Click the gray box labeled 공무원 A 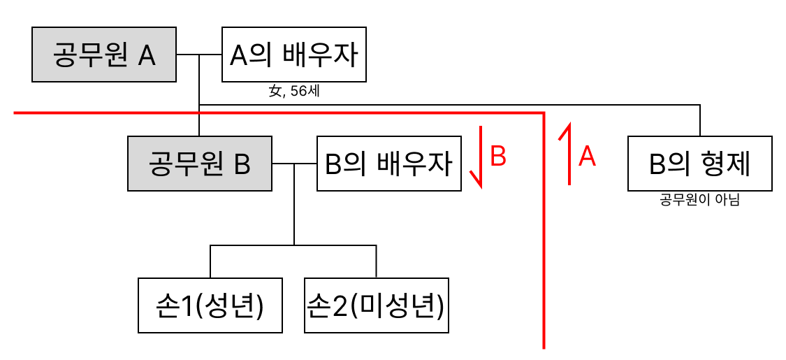[104, 55]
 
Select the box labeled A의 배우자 [294, 55]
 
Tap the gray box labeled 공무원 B [200, 164]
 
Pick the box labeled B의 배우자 [389, 164]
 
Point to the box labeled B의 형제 [700, 164]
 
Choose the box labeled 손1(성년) [210, 305]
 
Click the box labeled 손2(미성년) [377, 305]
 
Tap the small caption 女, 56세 [294, 92]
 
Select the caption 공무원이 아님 [699, 201]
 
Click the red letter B [497, 157]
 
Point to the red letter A [588, 157]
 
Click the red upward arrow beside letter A [568, 154]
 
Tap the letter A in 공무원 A [146, 55]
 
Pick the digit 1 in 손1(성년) [187, 306]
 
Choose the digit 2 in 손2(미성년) [341, 306]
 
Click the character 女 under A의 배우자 [275, 92]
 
